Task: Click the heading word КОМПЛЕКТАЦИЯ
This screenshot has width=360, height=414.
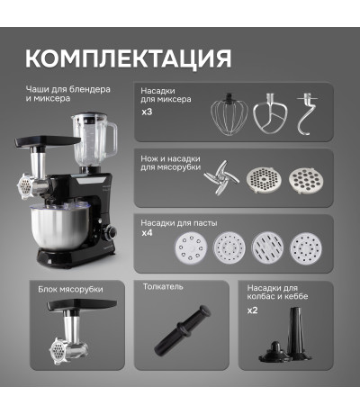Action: click(x=128, y=58)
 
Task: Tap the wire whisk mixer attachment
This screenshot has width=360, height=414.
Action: click(x=229, y=114)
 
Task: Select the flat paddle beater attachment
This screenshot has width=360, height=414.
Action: click(x=270, y=113)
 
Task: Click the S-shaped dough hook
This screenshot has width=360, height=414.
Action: click(x=306, y=114)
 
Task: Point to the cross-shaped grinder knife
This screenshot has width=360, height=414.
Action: click(x=221, y=177)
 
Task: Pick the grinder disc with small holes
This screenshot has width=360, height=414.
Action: click(x=264, y=180)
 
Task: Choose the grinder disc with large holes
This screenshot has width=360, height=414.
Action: click(x=307, y=180)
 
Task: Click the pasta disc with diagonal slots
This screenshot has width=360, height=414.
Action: click(x=267, y=247)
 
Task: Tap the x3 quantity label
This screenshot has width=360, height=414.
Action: click(x=147, y=112)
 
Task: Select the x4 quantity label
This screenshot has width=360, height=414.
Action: click(x=147, y=233)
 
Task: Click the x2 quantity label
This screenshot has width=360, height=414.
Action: click(x=253, y=310)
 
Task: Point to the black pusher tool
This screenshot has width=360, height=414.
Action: click(x=182, y=330)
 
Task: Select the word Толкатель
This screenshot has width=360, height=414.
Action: click(x=163, y=287)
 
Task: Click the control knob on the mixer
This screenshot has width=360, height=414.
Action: click(x=112, y=233)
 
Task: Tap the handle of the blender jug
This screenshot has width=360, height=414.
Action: click(x=112, y=141)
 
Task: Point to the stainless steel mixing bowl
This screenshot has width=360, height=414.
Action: click(x=60, y=229)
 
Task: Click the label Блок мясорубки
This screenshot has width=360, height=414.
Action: click(x=70, y=290)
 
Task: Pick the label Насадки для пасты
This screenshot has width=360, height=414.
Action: click(x=179, y=223)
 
